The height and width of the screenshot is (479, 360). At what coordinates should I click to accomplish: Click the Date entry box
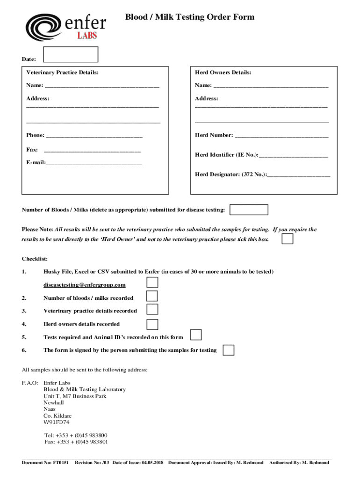tap(71, 54)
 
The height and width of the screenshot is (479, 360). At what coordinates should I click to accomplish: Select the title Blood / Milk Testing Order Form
tap(189, 17)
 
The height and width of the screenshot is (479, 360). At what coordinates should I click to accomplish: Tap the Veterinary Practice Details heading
tap(62, 73)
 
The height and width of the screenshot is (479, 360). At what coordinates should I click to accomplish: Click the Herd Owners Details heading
tap(223, 73)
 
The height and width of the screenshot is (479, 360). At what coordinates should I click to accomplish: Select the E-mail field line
tap(94, 164)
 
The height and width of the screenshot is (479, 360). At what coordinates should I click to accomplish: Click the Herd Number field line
tap(281, 136)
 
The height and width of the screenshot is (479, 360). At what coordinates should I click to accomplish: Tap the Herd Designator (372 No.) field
tap(299, 175)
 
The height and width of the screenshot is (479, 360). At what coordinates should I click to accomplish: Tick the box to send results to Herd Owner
tap(288, 239)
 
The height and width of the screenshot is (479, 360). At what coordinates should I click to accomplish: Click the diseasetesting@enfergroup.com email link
tap(85, 285)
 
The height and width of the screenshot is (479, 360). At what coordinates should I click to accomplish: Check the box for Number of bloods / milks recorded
tap(152, 296)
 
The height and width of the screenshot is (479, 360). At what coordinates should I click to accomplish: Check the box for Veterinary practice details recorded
tap(152, 309)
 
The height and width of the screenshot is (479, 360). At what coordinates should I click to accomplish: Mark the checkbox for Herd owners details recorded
tap(152, 324)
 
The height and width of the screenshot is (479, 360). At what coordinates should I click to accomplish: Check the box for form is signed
tap(228, 350)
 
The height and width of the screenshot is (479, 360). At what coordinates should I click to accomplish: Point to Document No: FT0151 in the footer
tap(45, 463)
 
